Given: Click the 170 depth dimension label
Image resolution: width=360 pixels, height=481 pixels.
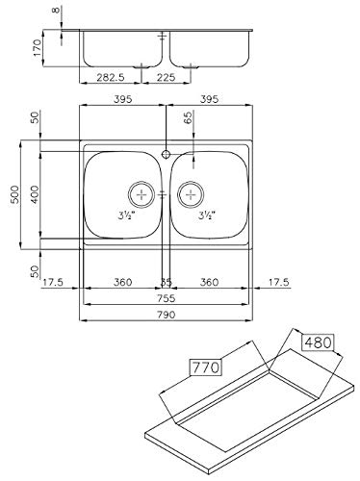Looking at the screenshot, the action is click(38, 48).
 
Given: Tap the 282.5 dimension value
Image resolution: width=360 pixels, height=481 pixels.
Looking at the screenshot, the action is click(111, 77).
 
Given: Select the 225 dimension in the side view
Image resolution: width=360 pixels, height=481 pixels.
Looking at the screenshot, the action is click(167, 77).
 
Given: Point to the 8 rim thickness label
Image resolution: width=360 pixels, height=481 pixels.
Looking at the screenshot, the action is click(56, 10).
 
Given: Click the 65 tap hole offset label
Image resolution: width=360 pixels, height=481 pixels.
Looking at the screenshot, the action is click(189, 117).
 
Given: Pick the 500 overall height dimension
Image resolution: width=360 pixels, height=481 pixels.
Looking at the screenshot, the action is click(15, 194).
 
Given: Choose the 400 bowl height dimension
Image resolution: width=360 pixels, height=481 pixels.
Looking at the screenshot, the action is click(35, 194).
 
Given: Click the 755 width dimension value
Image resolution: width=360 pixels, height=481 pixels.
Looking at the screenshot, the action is click(167, 298).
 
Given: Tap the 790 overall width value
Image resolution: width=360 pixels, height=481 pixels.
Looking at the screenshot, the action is click(167, 315).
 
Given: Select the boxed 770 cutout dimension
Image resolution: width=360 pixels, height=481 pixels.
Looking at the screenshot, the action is click(205, 367).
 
